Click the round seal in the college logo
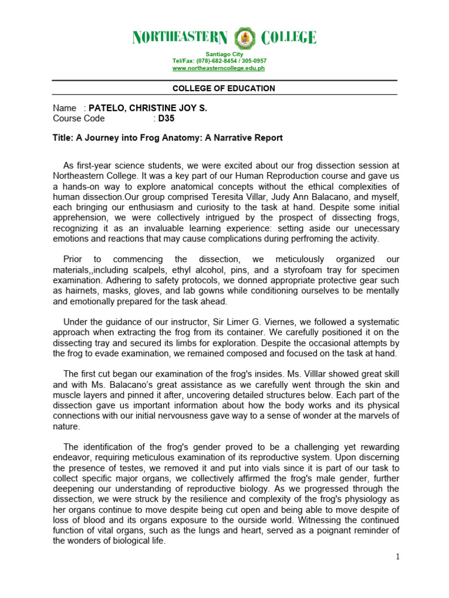pyautogui.click(x=244, y=39)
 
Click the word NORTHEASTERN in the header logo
pyautogui.click(x=179, y=39)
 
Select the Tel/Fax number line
pyautogui.click(x=219, y=61)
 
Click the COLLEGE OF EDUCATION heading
pyautogui.click(x=224, y=88)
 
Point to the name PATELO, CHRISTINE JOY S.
pyautogui.click(x=147, y=108)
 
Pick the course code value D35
pyautogui.click(x=167, y=118)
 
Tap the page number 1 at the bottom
pyautogui.click(x=398, y=557)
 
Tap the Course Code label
pyautogui.click(x=79, y=118)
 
